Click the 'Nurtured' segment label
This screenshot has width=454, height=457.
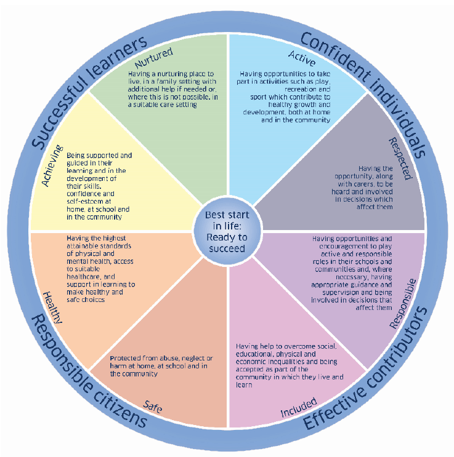[154, 58]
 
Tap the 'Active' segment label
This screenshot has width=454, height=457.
[302, 58]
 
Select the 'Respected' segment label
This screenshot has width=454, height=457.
[400, 159]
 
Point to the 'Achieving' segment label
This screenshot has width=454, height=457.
[52, 165]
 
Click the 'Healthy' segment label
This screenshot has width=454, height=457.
[52, 308]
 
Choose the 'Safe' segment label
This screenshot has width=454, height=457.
[152, 407]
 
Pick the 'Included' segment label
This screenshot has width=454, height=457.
[299, 407]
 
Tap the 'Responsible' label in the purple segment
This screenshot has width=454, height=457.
[403, 304]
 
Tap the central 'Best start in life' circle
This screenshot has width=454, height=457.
[227, 232]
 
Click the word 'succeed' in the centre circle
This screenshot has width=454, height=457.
[227, 248]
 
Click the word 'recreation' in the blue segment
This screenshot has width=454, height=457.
[300, 89]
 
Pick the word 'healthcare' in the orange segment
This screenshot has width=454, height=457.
[84, 277]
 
